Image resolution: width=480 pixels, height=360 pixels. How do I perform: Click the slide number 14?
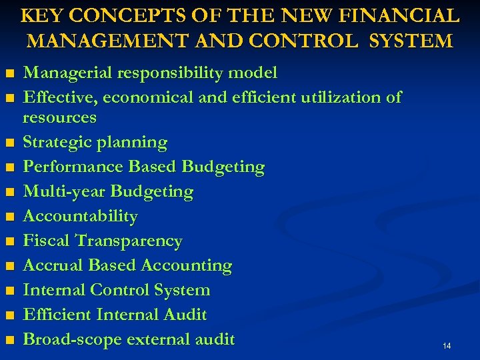(447, 346)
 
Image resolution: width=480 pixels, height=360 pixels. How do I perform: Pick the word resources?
(59, 118)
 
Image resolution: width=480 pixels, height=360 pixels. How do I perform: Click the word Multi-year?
(65, 192)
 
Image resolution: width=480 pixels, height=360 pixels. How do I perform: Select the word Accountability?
(80, 217)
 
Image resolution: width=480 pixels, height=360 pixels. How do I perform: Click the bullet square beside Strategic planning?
(9, 143)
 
